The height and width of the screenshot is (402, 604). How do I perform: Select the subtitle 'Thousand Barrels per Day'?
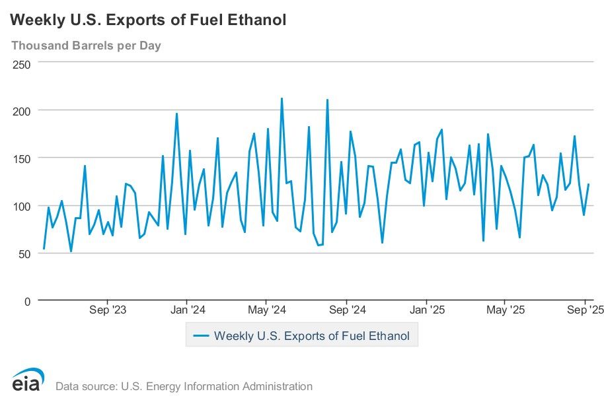[86, 46]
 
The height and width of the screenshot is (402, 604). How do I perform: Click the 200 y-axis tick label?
[22, 111]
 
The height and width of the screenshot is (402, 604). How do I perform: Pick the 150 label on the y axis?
[22, 158]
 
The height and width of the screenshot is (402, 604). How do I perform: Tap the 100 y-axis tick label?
[22, 206]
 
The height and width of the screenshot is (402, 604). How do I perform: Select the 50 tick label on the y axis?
[24, 253]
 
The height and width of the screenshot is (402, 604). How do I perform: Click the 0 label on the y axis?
[27, 301]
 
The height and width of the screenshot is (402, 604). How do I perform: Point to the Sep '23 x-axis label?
[107, 310]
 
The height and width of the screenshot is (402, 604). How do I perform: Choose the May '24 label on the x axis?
[266, 310]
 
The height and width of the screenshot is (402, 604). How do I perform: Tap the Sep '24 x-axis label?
[347, 310]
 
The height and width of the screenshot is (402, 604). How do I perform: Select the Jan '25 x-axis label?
[428, 310]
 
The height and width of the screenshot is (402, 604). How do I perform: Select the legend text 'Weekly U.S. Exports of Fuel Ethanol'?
[312, 336]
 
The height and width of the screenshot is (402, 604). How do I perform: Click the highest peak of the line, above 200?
[282, 98]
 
